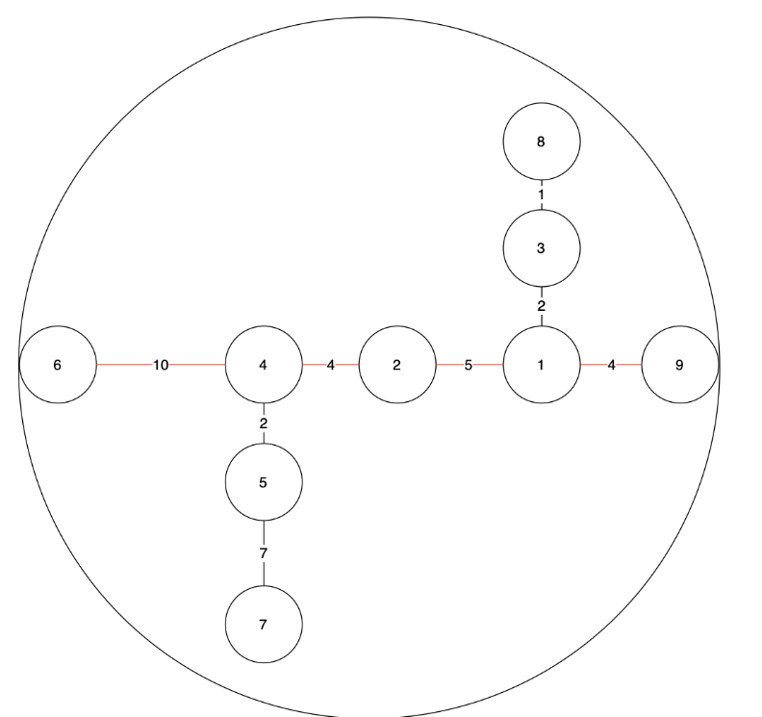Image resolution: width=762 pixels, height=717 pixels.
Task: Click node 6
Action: coord(58,365)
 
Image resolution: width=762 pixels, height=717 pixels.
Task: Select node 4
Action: coord(264,365)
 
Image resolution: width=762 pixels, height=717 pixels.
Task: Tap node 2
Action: coord(397,365)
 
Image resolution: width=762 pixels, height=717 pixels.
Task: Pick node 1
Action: coord(542,365)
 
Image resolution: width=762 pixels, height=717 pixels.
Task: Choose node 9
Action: coord(680,365)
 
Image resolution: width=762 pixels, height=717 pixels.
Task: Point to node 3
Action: coord(542,248)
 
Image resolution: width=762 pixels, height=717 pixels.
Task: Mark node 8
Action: coord(542,142)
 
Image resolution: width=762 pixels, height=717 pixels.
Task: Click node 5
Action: coord(264,481)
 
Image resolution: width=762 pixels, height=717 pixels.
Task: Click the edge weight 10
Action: coord(161,365)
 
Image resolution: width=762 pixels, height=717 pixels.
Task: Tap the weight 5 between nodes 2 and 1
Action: coord(469,365)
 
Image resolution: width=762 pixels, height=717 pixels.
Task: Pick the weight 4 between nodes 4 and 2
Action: coord(330,365)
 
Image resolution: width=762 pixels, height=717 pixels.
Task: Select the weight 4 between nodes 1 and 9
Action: coord(611,365)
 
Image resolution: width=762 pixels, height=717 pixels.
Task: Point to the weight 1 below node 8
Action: coord(542,195)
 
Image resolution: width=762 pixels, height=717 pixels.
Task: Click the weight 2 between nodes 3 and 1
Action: coord(542,306)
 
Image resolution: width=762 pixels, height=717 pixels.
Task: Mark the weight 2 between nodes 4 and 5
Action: coord(264,423)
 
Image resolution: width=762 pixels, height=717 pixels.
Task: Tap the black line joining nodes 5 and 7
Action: coord(264,574)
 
